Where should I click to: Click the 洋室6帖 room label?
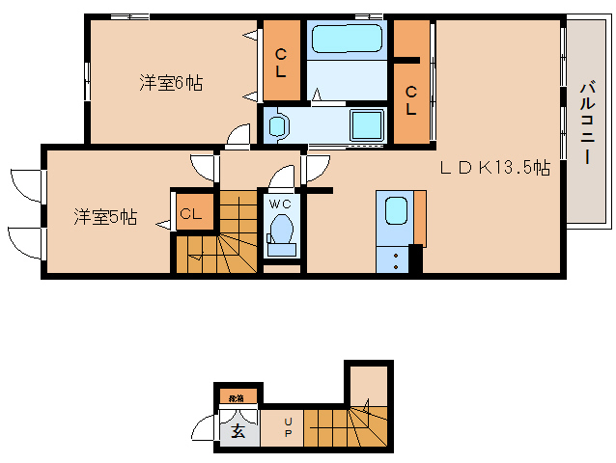[x=170, y=83]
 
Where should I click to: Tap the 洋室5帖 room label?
[x=105, y=217]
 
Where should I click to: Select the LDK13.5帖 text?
[x=495, y=167]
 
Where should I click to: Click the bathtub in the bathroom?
[x=345, y=40]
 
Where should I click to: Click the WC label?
[x=280, y=204]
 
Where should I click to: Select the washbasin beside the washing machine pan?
[x=278, y=125]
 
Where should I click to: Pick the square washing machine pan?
[x=367, y=125]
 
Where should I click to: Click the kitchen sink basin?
[x=396, y=211]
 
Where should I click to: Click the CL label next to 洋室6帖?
[x=281, y=63]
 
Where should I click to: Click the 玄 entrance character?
[x=238, y=431]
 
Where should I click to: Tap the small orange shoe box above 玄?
[x=237, y=396]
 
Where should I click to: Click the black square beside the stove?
[x=415, y=259]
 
